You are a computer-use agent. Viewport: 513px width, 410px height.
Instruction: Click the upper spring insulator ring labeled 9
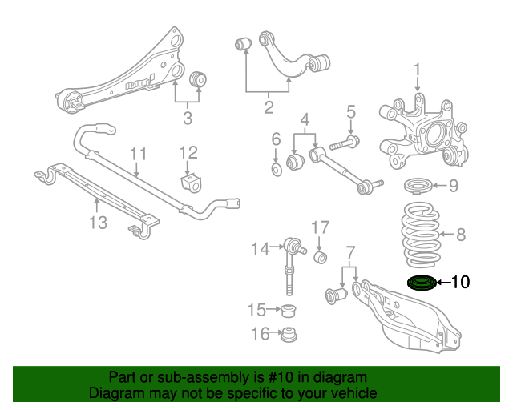point(418,187)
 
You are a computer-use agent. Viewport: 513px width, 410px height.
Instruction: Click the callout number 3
point(188,120)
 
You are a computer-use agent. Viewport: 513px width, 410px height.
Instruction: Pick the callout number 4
point(305,122)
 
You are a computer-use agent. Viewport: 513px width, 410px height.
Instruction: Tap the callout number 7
point(349,255)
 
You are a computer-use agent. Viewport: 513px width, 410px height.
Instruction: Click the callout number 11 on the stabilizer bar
point(138,153)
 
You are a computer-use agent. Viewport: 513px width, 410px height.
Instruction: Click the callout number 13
point(97,223)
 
